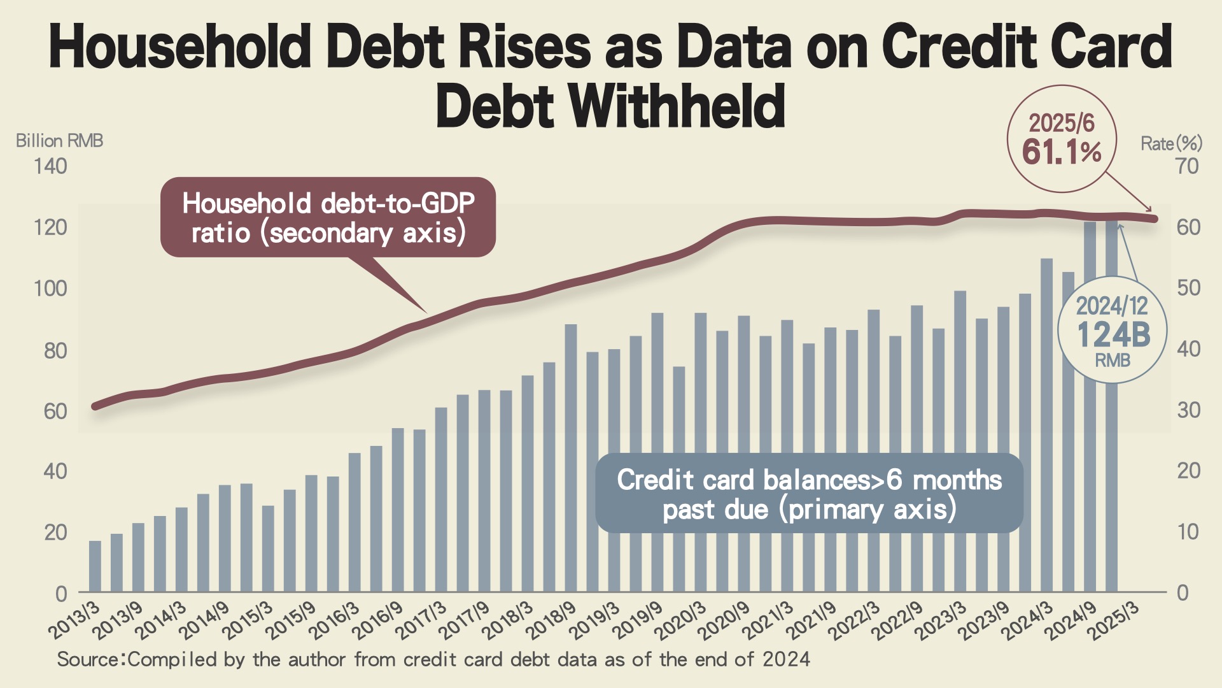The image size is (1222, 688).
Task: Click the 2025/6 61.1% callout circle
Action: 1062,139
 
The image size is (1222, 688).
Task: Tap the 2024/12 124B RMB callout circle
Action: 1112,330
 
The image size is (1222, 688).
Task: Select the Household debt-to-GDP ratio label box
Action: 328,218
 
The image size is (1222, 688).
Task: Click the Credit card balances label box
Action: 809,494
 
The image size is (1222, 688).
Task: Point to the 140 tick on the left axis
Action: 50,166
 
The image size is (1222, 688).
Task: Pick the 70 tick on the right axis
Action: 1187,166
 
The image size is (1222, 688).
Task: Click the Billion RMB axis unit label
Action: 59,141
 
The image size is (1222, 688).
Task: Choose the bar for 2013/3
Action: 95,566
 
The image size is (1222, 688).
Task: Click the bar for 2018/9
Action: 571,459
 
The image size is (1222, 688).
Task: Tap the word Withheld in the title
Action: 677,106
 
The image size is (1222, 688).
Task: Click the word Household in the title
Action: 179,46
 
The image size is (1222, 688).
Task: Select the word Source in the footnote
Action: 88,659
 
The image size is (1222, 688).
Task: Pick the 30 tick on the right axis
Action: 1188,410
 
